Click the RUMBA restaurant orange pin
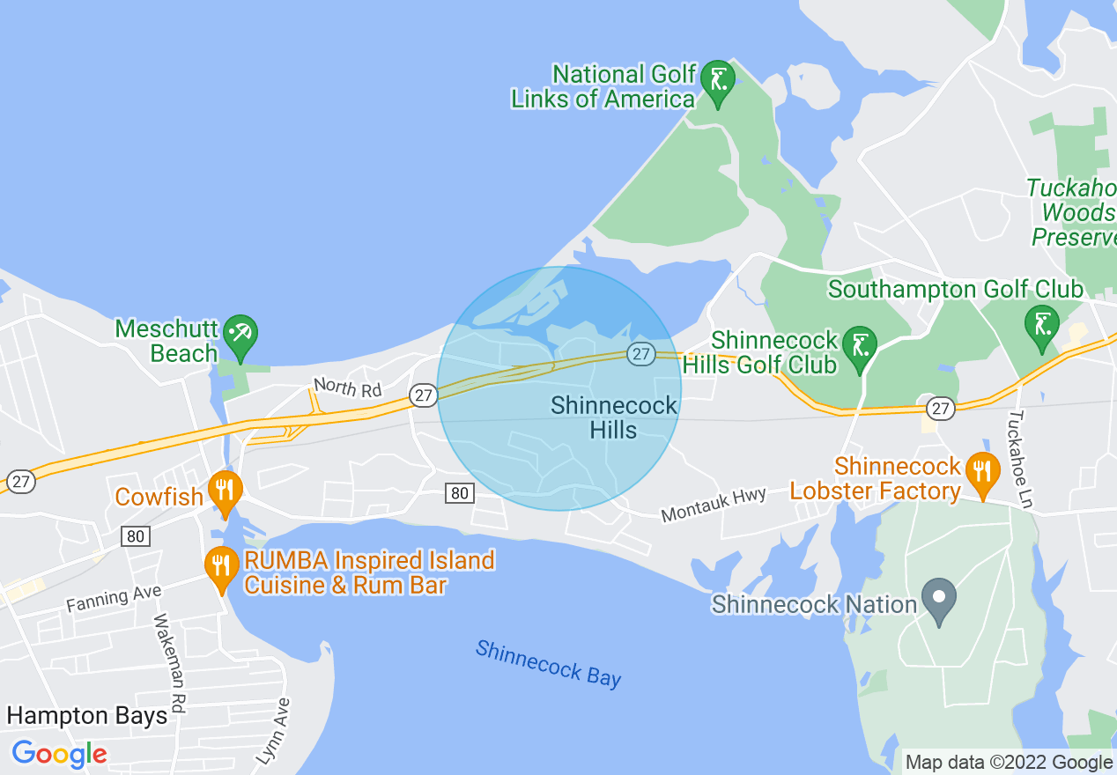point(221,566)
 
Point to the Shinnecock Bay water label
point(548,663)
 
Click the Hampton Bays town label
point(86,715)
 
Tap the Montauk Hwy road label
point(714,504)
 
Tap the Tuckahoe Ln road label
point(1020,459)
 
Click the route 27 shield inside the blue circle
point(640,354)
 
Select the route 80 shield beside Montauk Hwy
point(459,493)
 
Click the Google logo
point(59,754)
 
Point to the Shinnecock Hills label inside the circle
point(614,417)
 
